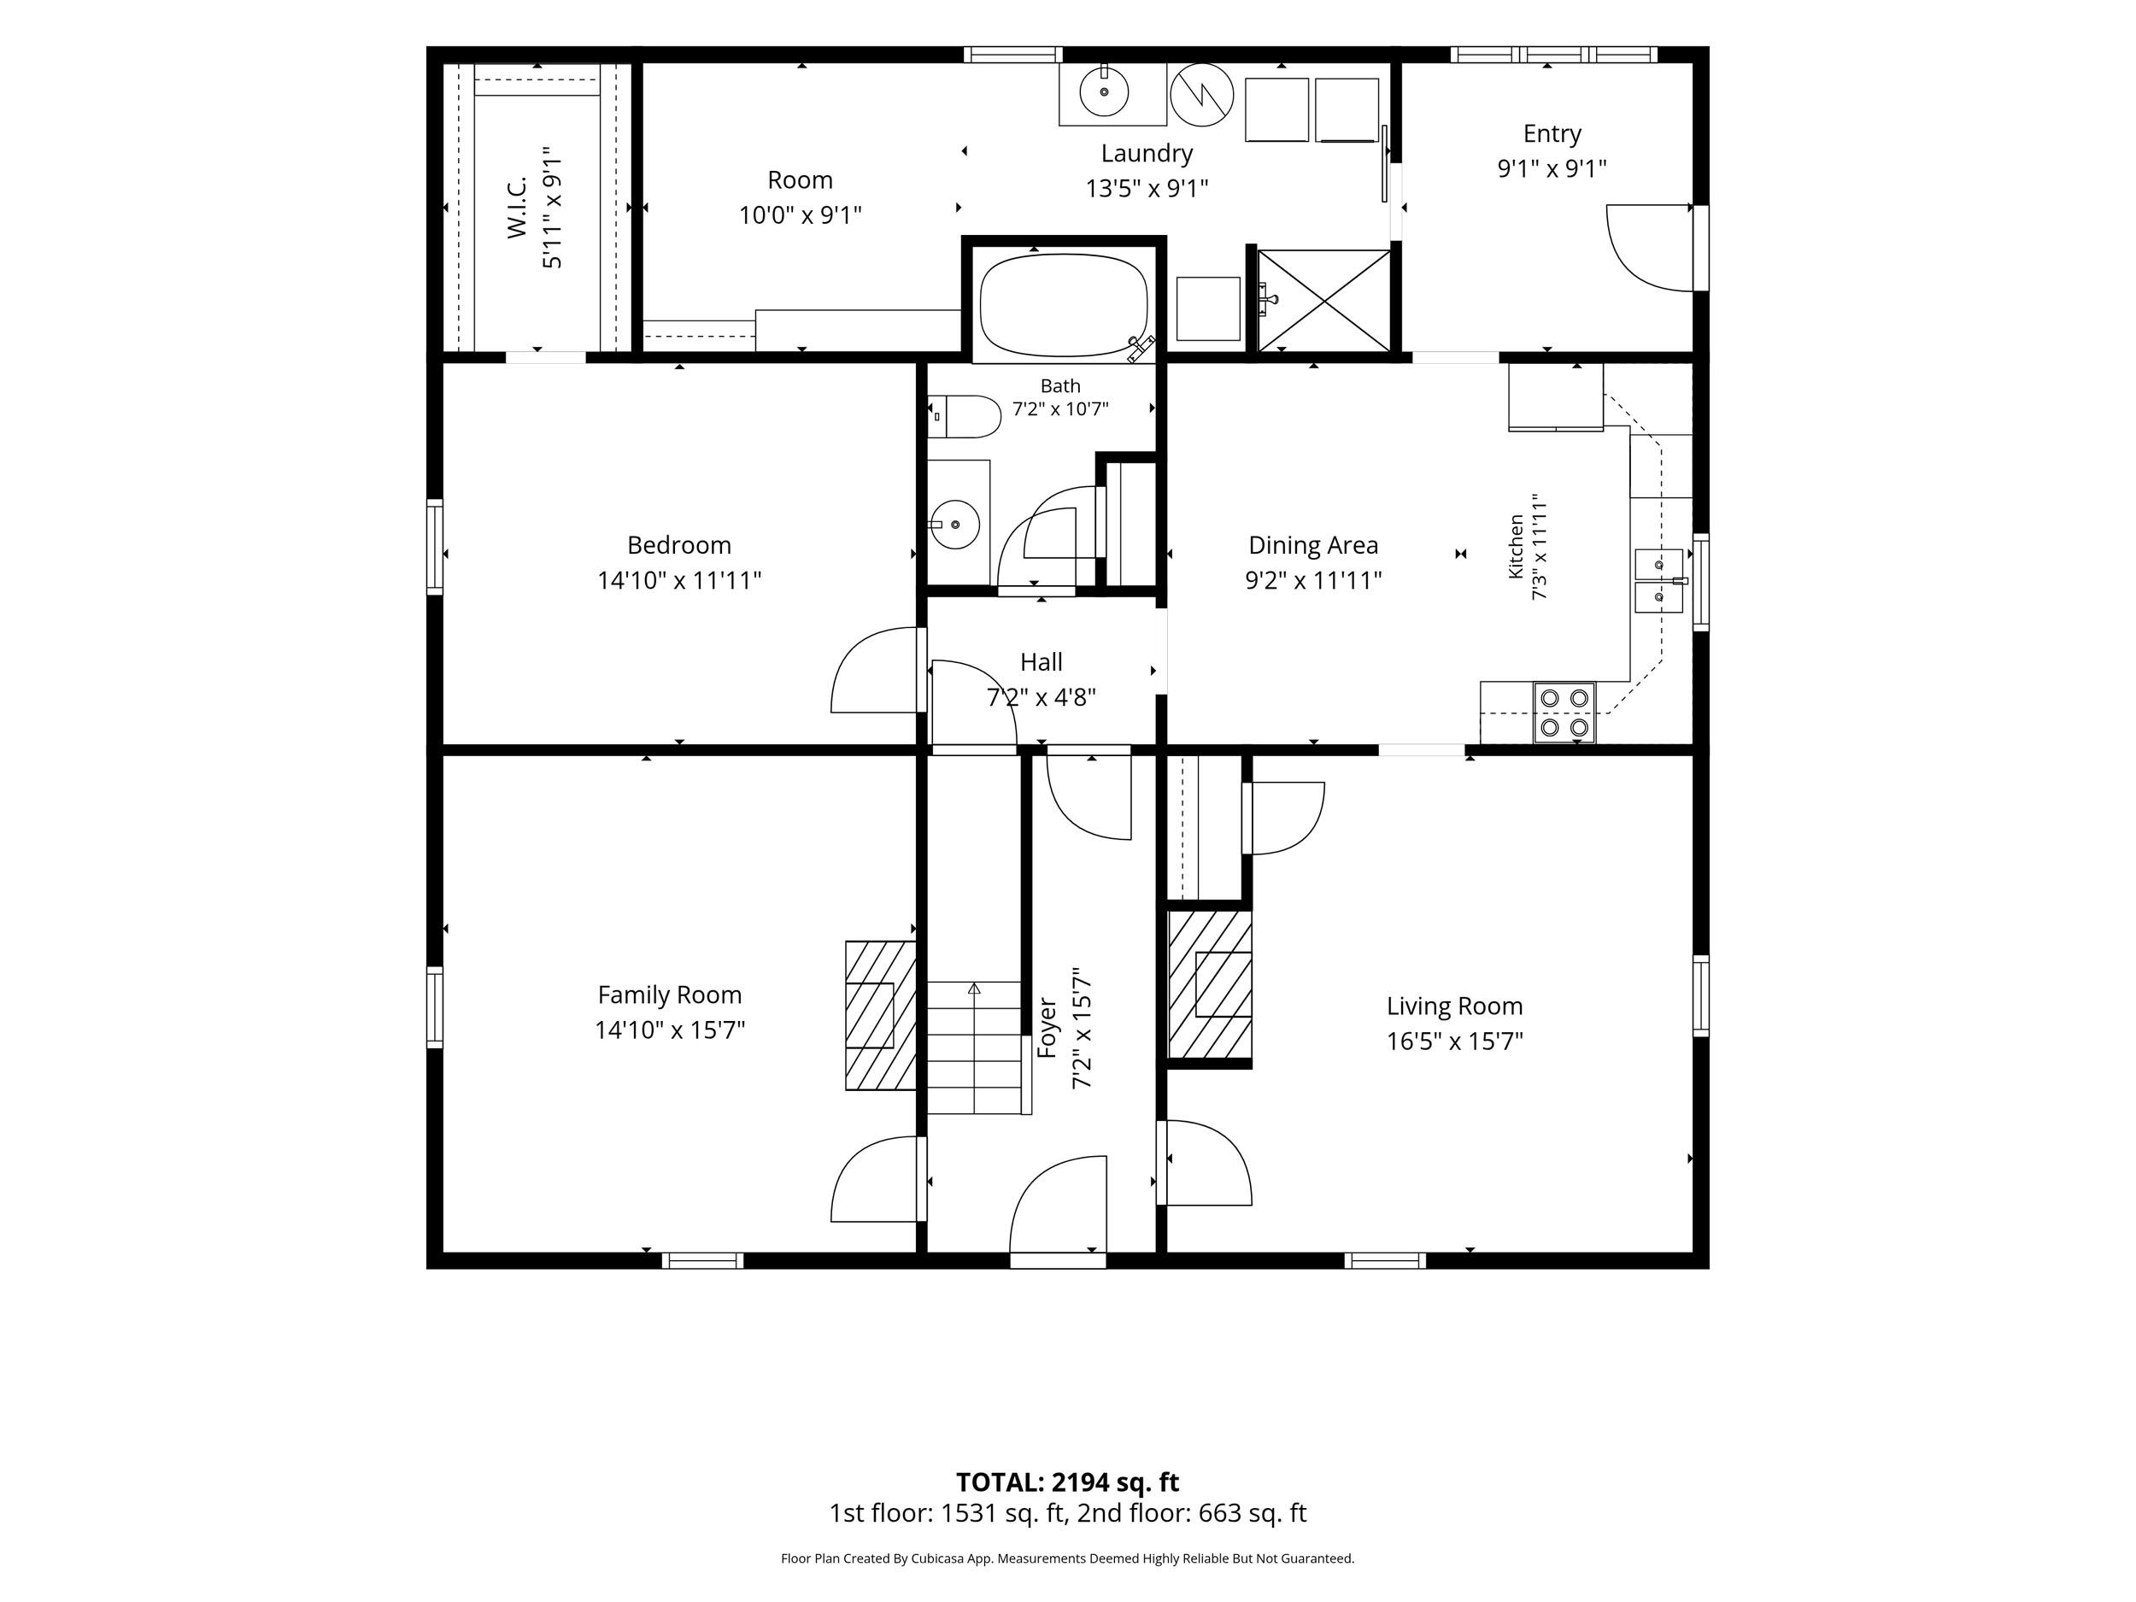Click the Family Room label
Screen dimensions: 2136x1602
669,995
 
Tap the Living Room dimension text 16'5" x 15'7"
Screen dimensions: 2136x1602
1454,1041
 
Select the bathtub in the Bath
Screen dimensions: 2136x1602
1063,305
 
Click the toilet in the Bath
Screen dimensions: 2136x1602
965,416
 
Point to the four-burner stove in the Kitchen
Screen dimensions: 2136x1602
1564,713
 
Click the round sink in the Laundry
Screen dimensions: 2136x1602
1104,92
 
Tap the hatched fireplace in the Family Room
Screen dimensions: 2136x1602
881,1016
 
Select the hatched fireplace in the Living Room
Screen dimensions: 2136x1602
1210,985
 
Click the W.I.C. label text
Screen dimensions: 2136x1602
517,208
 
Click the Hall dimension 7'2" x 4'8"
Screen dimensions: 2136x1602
1041,697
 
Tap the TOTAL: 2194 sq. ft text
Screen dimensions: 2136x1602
1067,1482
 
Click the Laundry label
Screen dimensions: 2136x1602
1147,153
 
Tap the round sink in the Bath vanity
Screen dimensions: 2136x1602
955,525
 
